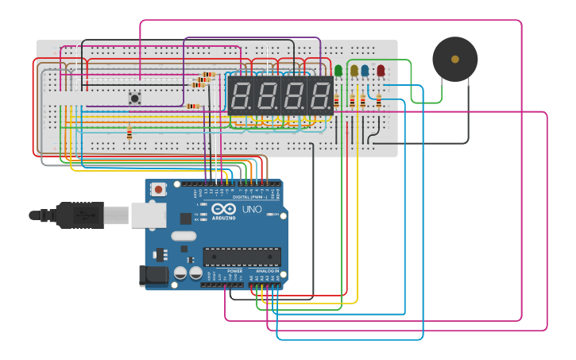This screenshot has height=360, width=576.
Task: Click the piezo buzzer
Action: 454,59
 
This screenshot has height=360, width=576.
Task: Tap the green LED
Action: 338,71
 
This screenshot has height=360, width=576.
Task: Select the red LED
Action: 381,71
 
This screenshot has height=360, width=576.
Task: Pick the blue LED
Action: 365,71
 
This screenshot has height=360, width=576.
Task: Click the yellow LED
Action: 354,71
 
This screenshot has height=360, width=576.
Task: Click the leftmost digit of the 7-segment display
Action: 242,96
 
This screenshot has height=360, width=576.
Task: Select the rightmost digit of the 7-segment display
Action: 320,96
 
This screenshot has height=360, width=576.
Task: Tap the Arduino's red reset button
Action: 159,189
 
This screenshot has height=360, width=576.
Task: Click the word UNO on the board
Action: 251,210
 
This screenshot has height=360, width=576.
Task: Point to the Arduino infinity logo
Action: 223,209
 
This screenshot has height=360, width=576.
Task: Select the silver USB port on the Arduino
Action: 148,215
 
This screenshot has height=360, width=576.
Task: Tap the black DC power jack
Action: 153,276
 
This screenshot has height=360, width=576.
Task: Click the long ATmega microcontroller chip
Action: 242,256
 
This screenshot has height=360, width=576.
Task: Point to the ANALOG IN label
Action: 266,271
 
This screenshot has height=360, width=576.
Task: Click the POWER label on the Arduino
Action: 235,271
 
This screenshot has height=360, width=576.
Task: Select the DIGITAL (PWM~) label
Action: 249,196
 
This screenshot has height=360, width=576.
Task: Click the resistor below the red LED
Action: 379,101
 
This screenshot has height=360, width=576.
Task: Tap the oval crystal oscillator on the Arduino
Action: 183,235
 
